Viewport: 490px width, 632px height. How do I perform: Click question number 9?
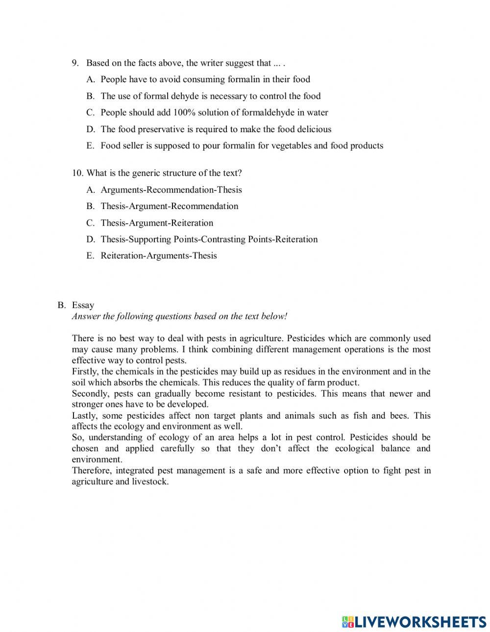pos(75,63)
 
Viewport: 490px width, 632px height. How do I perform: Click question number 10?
pos(77,173)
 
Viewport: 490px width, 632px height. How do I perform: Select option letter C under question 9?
pos(90,113)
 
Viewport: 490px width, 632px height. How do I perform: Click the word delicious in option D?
pos(314,129)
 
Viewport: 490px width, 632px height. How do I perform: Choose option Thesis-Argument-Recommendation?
pos(169,206)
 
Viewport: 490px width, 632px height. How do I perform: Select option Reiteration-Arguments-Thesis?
pos(158,256)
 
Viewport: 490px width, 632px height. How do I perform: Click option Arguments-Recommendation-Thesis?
pos(171,190)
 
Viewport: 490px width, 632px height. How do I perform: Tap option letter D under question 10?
pos(90,239)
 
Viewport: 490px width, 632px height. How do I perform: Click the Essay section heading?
pos(83,305)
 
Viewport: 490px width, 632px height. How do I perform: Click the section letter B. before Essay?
pos(61,305)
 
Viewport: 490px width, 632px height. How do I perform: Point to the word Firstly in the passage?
pos(85,372)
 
